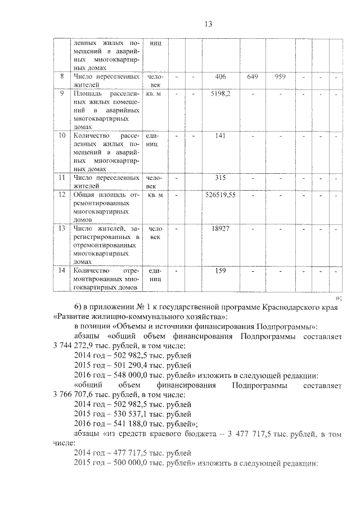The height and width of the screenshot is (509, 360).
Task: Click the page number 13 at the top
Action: click(x=208, y=24)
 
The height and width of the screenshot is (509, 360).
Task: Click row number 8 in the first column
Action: click(x=62, y=75)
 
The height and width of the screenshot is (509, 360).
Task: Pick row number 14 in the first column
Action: click(x=62, y=271)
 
